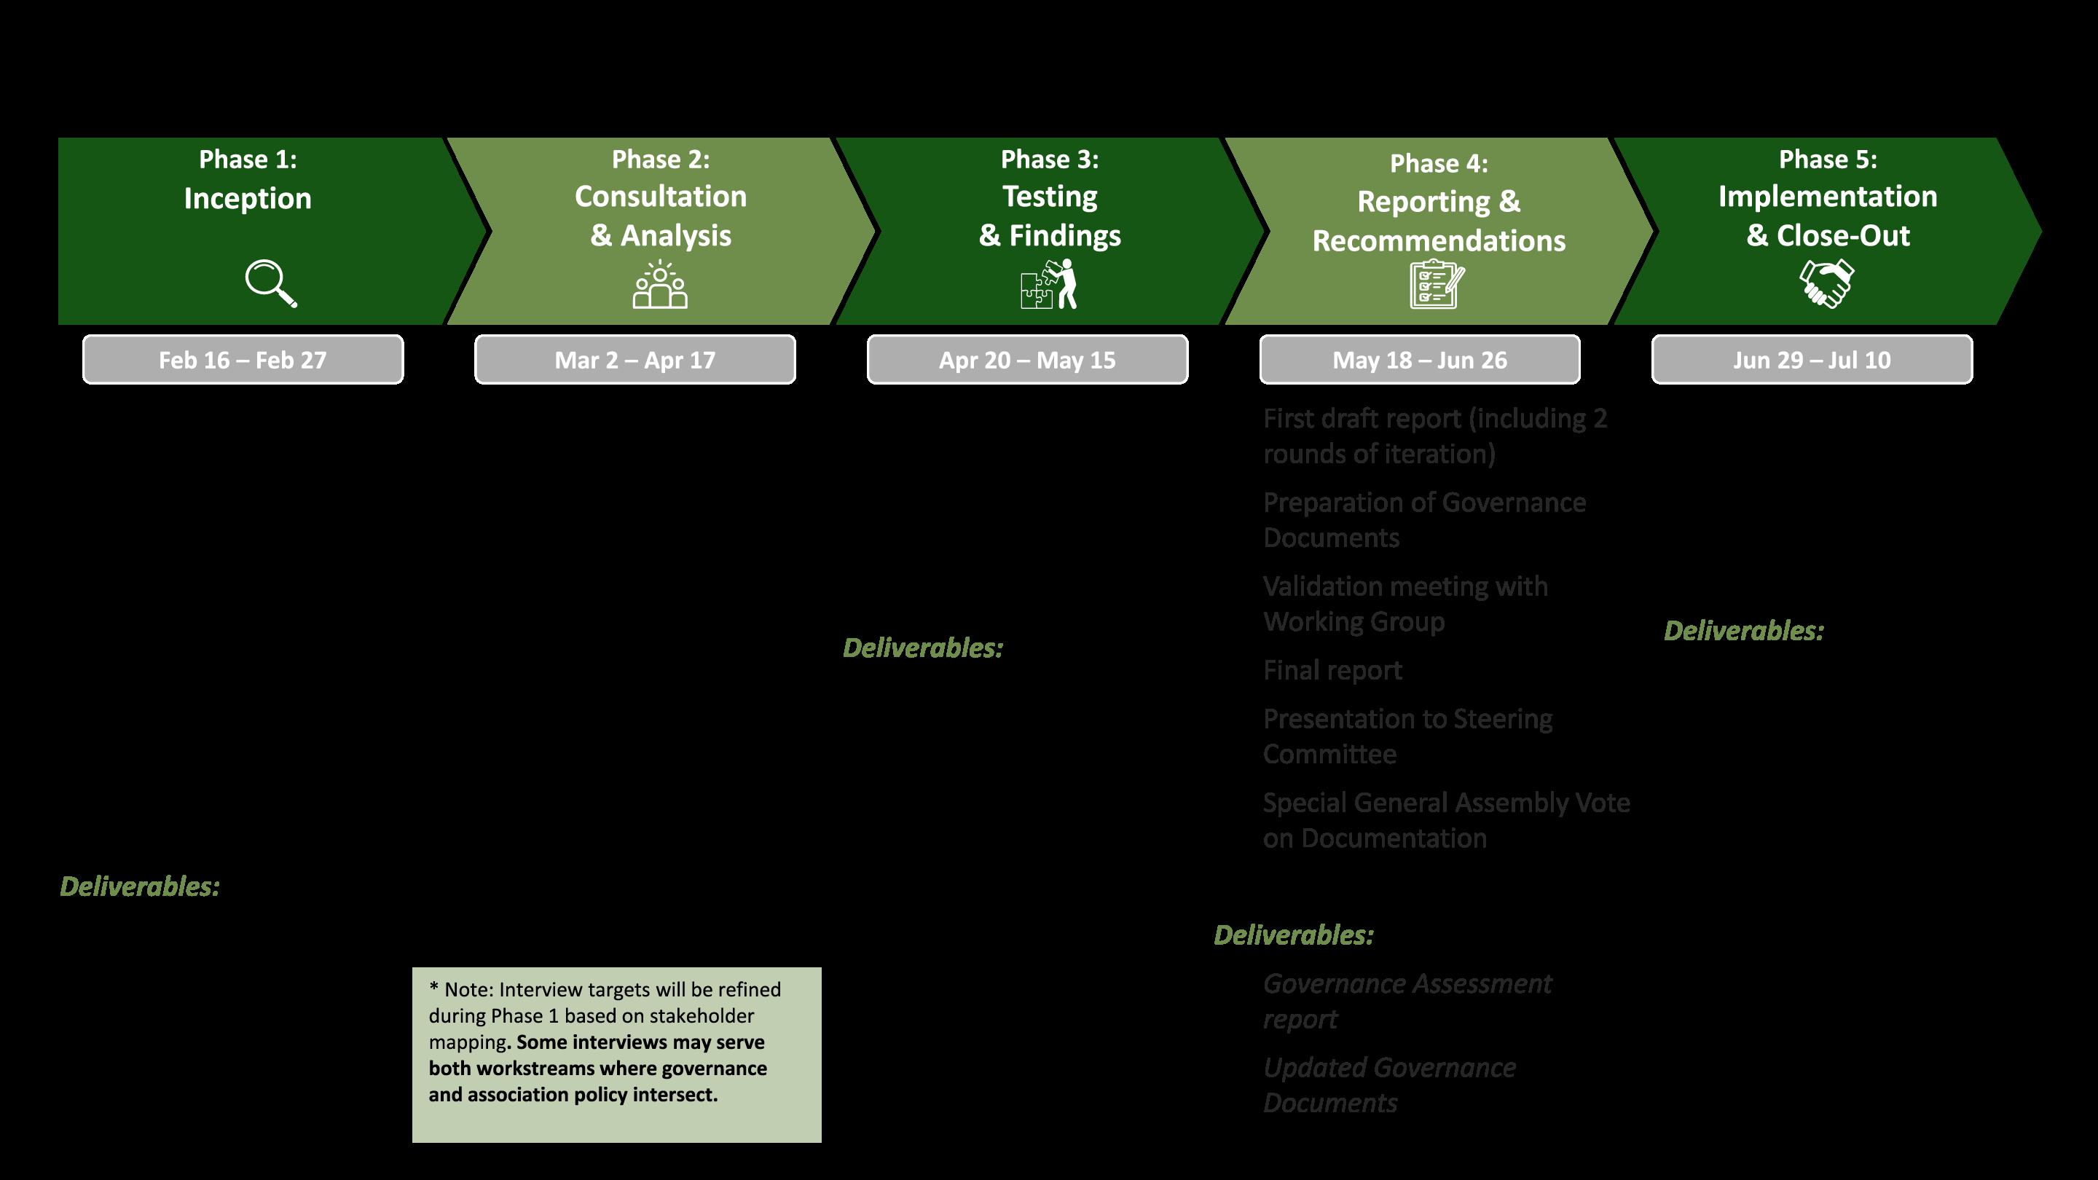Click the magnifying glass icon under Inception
click(270, 283)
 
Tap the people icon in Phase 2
click(660, 284)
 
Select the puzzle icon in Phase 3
click(1049, 284)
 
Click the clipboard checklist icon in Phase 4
click(1437, 284)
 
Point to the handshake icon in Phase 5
click(1826, 283)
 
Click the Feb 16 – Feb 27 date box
click(243, 359)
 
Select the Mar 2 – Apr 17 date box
click(635, 359)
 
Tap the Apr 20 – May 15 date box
click(1027, 359)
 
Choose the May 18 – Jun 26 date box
click(1420, 359)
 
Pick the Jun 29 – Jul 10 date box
click(1812, 359)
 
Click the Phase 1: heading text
click(248, 159)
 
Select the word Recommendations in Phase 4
click(1439, 240)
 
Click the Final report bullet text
click(1332, 670)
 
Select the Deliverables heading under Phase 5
click(1744, 630)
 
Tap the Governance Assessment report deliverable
click(1407, 1000)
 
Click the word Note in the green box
click(468, 989)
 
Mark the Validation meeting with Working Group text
click(1405, 603)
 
